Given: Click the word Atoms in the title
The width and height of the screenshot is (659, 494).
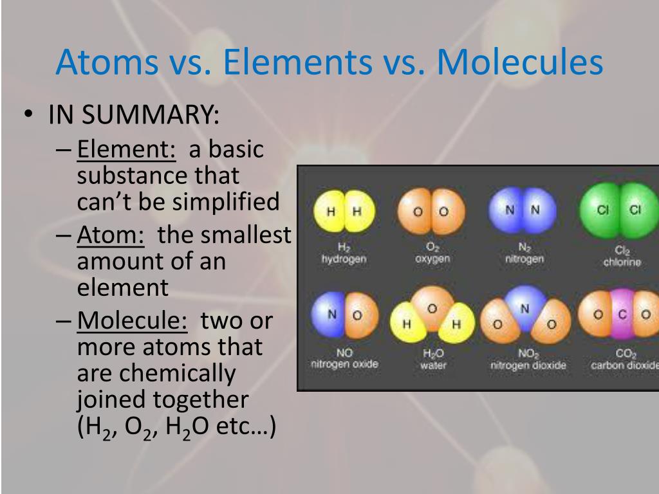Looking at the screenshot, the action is click(107, 62).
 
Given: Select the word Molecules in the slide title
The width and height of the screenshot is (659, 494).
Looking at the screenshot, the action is click(520, 62).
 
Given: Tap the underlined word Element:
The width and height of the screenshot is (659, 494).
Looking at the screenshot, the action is click(126, 149).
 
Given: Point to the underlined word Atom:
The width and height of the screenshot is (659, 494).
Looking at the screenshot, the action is click(111, 234).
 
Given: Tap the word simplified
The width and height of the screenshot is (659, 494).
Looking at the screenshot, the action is click(226, 201).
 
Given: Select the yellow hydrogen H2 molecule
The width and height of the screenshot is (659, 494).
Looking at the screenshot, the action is click(344, 211).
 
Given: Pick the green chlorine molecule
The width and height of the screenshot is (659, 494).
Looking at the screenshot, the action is click(619, 210).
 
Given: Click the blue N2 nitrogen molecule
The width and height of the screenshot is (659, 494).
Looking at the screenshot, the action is click(523, 210).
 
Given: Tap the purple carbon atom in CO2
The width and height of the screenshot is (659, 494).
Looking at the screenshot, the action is click(623, 314).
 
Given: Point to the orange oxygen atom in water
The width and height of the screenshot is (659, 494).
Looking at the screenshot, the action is click(432, 307).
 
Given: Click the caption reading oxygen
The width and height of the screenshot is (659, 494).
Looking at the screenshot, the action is click(432, 259).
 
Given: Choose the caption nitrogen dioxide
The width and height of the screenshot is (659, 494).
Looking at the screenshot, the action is click(528, 365).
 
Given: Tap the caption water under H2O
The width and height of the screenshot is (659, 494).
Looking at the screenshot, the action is click(433, 365).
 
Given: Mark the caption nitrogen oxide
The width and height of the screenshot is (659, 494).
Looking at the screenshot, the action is click(344, 364).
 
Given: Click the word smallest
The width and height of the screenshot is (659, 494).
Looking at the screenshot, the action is click(224, 234).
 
